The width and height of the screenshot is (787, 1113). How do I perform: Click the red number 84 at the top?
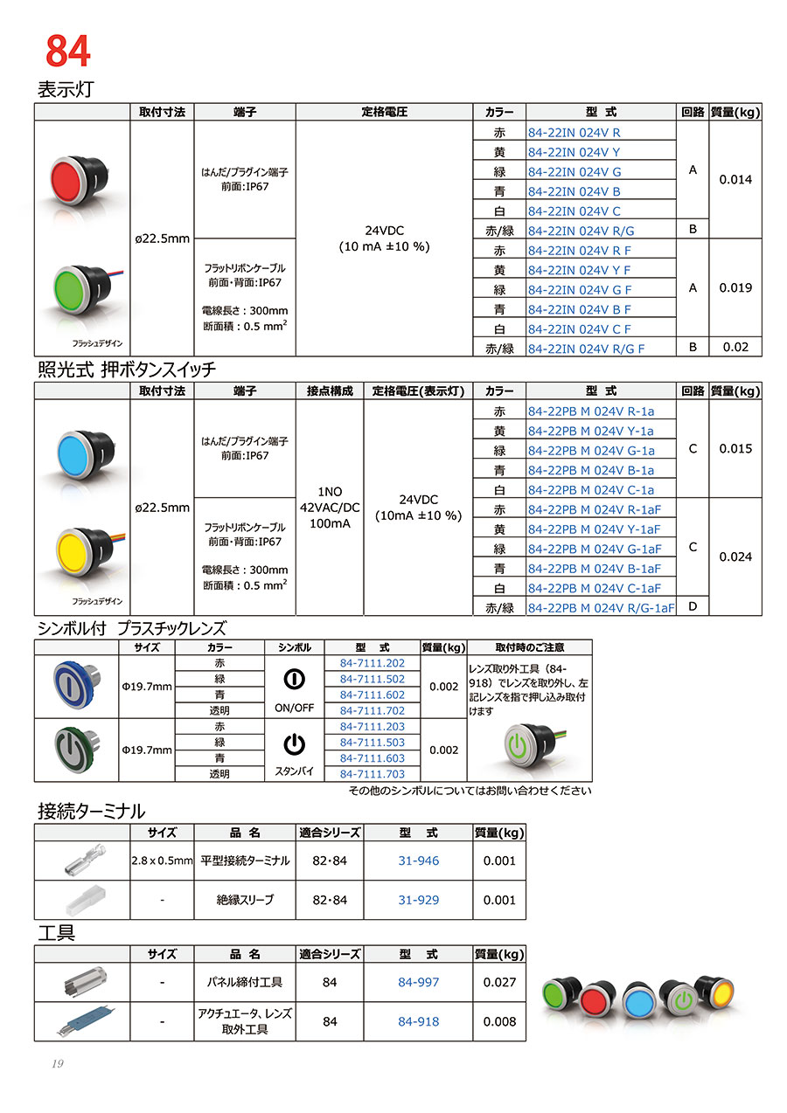[67, 52]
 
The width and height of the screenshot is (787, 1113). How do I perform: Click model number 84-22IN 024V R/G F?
[587, 348]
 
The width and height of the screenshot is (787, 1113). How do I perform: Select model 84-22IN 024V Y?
[575, 152]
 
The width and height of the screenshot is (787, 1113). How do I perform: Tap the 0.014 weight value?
[735, 180]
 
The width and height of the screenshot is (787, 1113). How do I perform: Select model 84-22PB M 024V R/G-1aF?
[602, 607]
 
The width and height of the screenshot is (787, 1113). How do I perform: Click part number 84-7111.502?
[372, 679]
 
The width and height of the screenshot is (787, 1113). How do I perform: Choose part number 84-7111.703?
[372, 774]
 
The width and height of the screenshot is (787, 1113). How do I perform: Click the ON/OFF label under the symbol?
[295, 709]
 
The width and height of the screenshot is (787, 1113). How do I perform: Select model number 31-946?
[418, 861]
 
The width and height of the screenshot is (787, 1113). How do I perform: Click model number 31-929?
[418, 900]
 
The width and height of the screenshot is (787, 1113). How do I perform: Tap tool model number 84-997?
[418, 983]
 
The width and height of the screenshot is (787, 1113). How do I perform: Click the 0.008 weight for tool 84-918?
[499, 1021]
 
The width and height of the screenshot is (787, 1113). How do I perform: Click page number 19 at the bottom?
[57, 1063]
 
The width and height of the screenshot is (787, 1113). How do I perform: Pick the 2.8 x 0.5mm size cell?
[162, 861]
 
